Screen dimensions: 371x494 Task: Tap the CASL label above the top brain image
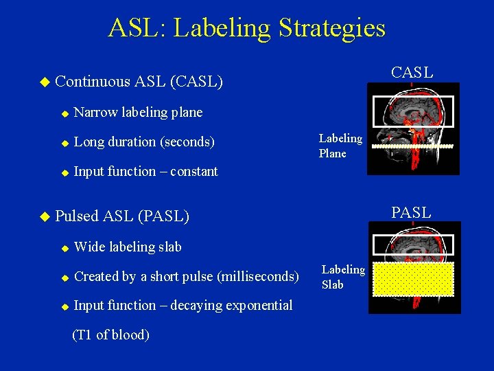[412, 72]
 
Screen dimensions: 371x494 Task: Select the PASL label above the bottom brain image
[411, 212]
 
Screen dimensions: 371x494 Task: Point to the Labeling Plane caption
[340, 146]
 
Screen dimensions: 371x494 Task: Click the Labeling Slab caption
[343, 277]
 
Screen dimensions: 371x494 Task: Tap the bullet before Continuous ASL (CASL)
[45, 82]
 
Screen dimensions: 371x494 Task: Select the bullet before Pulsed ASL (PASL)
[45, 217]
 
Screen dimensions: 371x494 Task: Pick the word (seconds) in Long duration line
[187, 142]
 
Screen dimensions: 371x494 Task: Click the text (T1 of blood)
[110, 335]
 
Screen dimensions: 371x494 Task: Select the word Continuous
[92, 82]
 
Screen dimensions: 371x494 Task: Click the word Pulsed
[76, 216]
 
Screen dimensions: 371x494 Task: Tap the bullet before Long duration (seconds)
[64, 143]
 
